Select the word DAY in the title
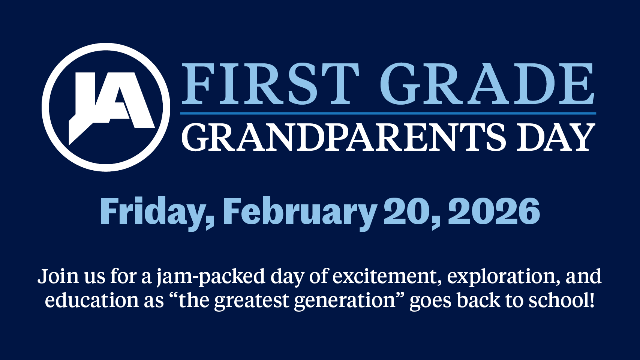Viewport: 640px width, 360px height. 556,137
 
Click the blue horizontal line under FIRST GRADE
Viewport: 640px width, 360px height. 388,113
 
